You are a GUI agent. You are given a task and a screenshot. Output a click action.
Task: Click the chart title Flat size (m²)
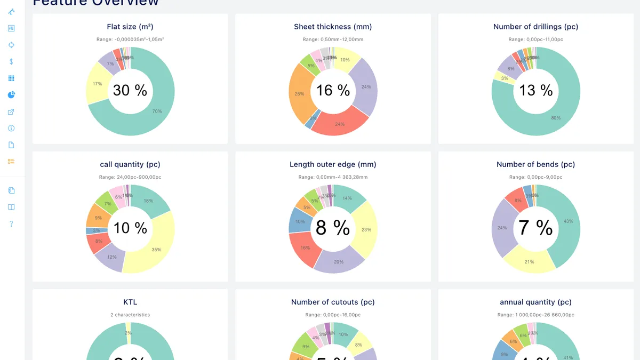(130, 27)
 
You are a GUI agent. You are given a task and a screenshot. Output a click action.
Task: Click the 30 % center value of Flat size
(130, 91)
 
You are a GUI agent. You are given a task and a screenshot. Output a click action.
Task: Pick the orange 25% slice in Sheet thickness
(299, 94)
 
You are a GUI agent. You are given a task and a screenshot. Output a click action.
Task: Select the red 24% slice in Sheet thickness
(339, 123)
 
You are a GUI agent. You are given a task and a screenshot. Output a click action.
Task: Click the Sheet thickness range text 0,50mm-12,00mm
(333, 39)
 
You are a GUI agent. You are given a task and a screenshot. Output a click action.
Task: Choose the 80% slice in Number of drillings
(555, 117)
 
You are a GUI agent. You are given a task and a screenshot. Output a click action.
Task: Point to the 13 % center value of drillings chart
(536, 91)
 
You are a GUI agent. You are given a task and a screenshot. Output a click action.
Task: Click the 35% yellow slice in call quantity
(156, 249)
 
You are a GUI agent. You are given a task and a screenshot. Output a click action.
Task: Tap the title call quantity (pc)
(130, 164)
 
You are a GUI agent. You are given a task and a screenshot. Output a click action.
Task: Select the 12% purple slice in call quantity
(111, 258)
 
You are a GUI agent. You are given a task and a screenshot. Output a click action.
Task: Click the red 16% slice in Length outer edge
(305, 248)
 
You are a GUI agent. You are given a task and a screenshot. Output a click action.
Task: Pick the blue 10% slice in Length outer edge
(300, 221)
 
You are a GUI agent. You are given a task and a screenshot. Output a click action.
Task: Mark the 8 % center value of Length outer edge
(333, 228)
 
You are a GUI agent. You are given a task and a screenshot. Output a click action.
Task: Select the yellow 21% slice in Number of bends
(530, 261)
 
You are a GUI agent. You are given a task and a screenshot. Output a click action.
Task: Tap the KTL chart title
(130, 302)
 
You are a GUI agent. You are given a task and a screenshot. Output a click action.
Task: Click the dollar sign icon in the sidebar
(11, 61)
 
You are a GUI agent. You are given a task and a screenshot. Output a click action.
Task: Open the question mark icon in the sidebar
(11, 224)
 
